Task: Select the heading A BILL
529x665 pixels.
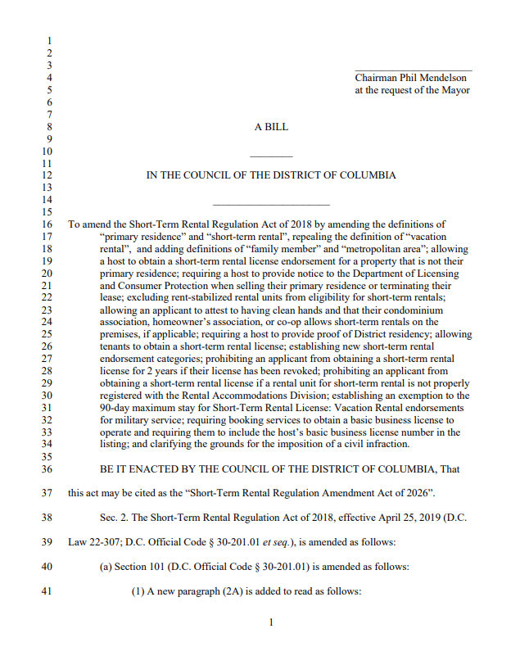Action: coord(271,127)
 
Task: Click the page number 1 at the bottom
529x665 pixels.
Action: coord(271,622)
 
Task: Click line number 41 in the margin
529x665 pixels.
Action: coord(47,592)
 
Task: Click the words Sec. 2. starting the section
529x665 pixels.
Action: coord(115,518)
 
